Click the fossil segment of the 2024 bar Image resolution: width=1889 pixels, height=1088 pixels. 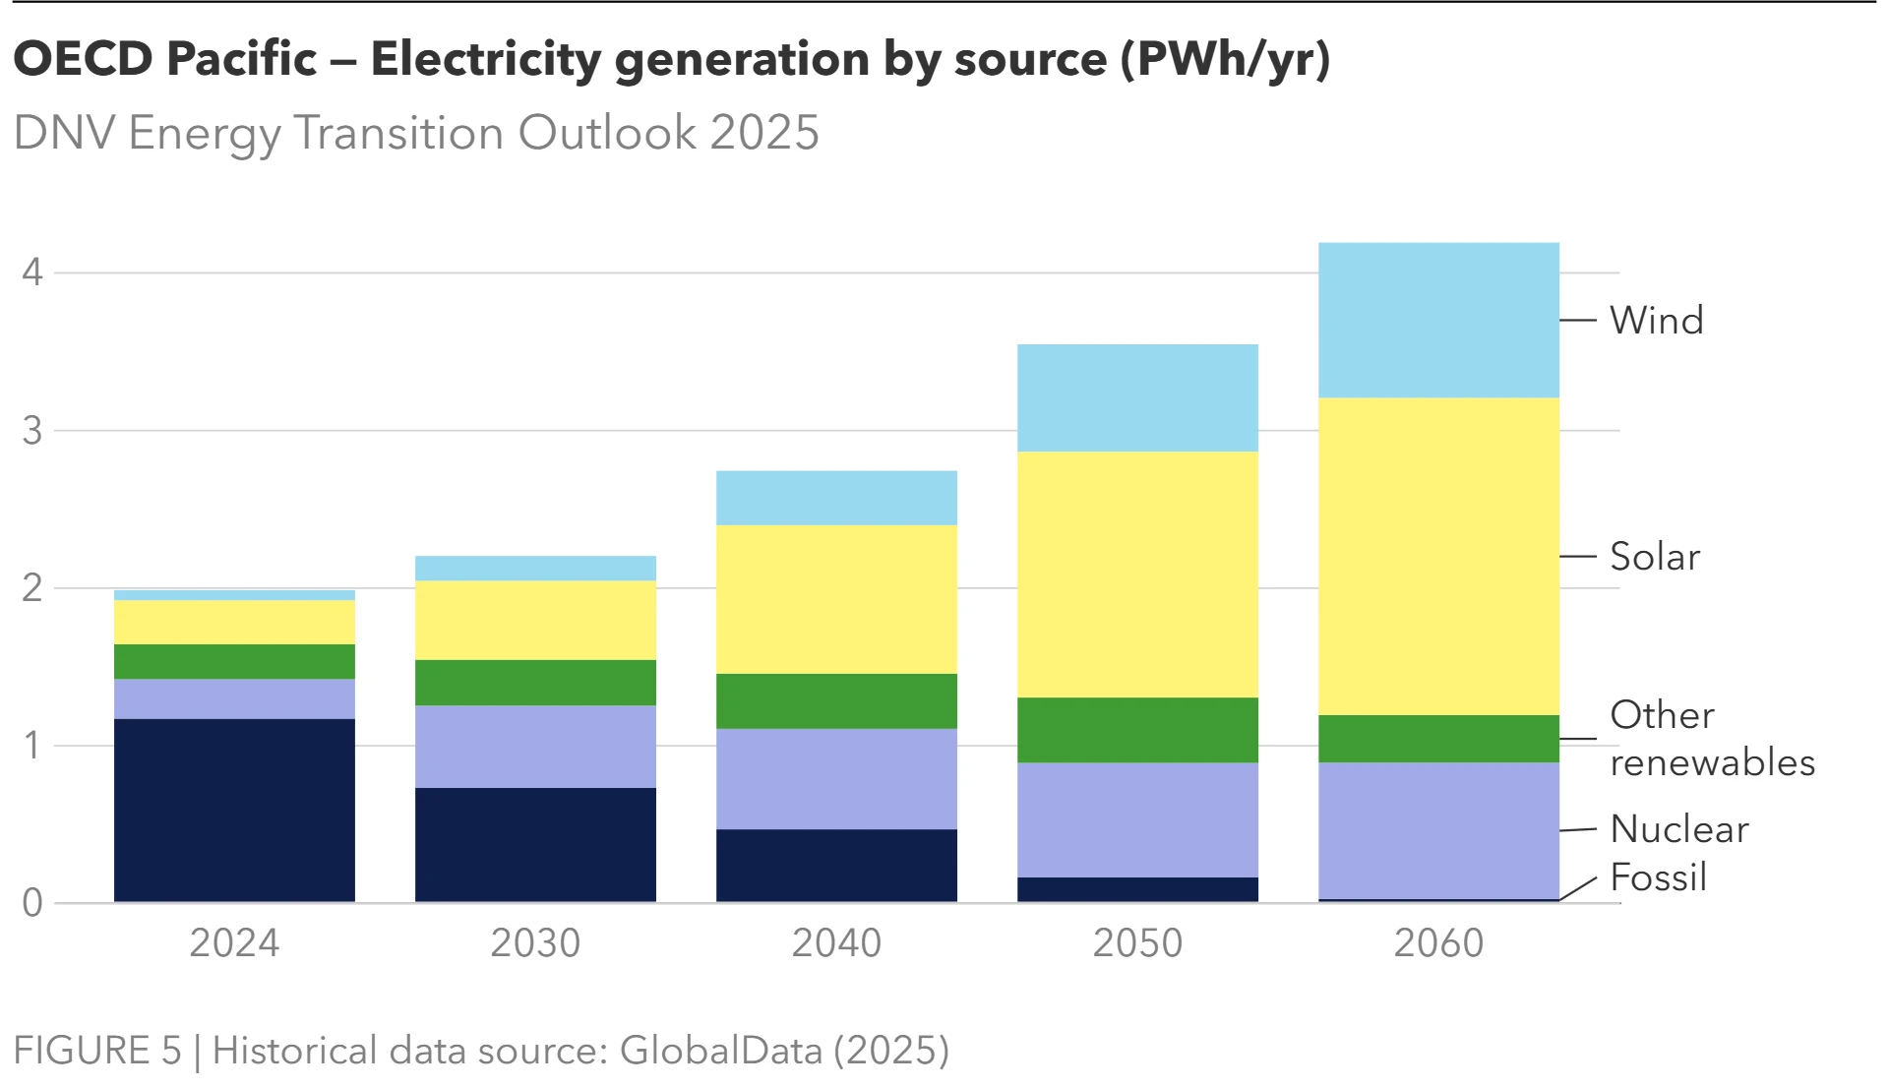tap(234, 810)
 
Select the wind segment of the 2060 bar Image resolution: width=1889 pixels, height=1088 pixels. tap(1438, 320)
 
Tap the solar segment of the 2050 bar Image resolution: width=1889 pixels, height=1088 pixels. tap(1137, 574)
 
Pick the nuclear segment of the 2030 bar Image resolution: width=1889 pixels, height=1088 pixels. tap(535, 746)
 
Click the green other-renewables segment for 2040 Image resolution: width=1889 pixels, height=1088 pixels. tap(836, 700)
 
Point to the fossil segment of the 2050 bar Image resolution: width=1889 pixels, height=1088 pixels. tap(1137, 889)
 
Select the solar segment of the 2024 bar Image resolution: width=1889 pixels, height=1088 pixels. tap(234, 622)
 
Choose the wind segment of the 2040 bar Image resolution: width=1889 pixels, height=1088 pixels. tap(836, 498)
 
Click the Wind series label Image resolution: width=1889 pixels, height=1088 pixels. tap(1656, 321)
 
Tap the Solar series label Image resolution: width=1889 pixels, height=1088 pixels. tap(1654, 557)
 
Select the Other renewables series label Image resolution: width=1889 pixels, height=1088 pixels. tap(1711, 739)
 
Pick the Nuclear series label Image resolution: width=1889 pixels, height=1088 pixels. tap(1678, 829)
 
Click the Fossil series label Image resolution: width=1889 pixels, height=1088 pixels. tap(1658, 877)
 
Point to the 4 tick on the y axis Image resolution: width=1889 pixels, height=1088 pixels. tap(32, 272)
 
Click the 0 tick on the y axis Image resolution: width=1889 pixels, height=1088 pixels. tap(32, 903)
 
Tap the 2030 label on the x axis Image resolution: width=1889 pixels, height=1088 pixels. tap(535, 943)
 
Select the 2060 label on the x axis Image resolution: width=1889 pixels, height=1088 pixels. tap(1438, 943)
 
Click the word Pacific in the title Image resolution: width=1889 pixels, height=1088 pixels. tap(241, 59)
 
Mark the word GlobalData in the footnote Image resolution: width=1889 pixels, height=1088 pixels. tap(720, 1051)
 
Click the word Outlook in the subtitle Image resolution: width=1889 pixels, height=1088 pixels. tap(607, 133)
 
